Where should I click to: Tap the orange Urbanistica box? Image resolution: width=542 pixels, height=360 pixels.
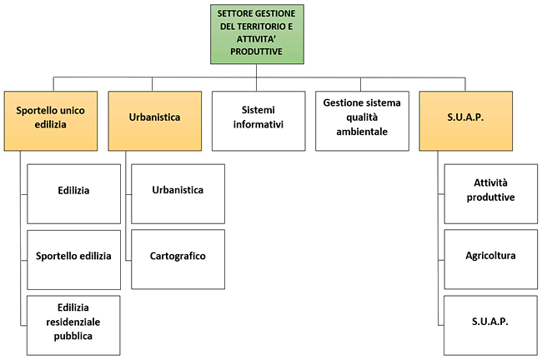coord(155,117)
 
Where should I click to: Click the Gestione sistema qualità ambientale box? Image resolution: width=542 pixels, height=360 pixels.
coord(362,117)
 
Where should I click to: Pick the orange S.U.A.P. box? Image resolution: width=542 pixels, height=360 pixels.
coord(465,117)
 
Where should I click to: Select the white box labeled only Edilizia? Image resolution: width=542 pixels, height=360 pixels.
coord(74,191)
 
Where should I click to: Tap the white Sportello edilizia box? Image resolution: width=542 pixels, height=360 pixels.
coord(74,256)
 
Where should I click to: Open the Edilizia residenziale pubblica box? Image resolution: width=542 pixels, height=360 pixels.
coord(74,322)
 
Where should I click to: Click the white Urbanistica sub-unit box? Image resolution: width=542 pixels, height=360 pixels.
coord(178,191)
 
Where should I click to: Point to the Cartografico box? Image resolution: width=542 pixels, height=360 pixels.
coord(178,256)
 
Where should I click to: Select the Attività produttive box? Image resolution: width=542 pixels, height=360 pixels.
coord(490,191)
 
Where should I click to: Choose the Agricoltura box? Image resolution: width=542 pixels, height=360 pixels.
coord(490,256)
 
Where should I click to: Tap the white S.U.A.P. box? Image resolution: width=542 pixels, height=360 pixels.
coord(490,322)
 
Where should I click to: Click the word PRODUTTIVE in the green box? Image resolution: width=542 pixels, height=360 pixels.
coord(258,51)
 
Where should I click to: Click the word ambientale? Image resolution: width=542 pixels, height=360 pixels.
coord(362,131)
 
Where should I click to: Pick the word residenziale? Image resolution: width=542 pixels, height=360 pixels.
coord(74,322)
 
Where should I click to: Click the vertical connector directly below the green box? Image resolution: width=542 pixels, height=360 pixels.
coord(258,72)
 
